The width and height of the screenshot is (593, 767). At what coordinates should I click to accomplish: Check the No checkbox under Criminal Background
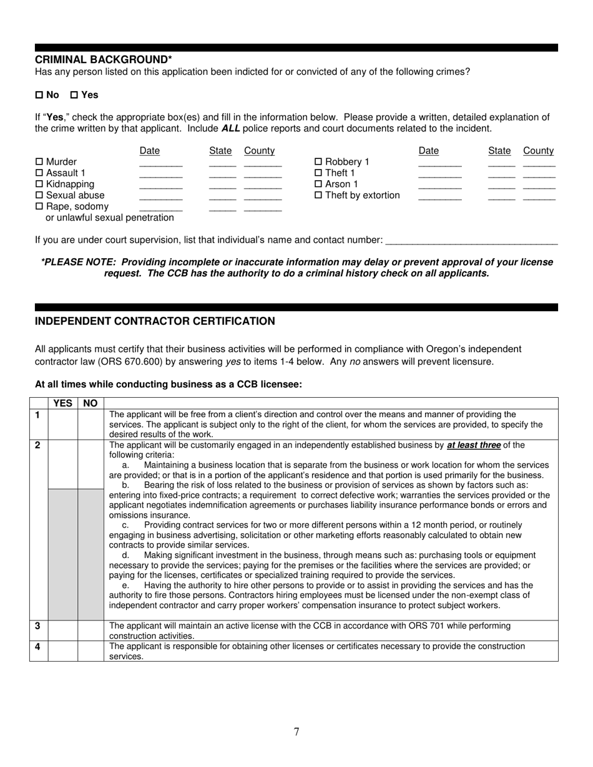coord(39,95)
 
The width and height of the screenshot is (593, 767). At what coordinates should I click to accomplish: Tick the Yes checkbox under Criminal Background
coord(74,95)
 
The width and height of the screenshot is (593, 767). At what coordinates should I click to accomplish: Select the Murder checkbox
coord(39,162)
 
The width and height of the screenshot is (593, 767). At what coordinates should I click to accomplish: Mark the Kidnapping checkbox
coord(39,185)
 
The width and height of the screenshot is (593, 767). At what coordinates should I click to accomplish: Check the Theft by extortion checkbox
coord(318,196)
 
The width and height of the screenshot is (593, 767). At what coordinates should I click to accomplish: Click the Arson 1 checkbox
coord(318,185)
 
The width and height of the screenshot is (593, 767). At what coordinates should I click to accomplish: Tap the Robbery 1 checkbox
coord(318,162)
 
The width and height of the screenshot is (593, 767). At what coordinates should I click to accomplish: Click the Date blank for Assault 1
coord(160,176)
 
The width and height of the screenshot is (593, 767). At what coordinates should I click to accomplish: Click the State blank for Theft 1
coord(501,176)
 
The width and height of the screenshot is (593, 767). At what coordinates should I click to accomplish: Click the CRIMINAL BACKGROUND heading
coord(104,59)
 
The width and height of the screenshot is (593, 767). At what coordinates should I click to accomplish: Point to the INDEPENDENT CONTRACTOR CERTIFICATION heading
coord(155,321)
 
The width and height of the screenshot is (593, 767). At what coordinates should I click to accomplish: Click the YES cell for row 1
coord(63,424)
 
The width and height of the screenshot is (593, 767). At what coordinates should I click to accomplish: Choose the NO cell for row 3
coord(91,630)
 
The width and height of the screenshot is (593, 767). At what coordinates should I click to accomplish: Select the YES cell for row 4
coord(63,651)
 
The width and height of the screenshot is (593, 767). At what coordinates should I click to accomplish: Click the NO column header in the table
coord(91,403)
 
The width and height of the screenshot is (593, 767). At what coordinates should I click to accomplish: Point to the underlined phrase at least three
coord(474,445)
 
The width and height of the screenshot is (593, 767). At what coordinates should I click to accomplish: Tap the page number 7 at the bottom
coord(296,732)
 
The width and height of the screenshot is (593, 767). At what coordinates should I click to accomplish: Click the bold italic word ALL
coord(230,128)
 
